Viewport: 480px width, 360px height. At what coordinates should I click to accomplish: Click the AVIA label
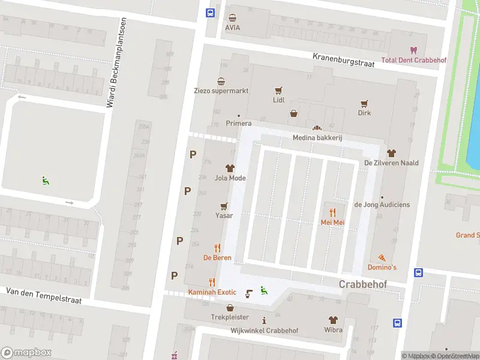(232, 28)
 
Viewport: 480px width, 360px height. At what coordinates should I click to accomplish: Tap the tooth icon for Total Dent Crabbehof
(412, 50)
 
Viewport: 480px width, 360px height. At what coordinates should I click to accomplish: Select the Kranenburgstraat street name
(344, 59)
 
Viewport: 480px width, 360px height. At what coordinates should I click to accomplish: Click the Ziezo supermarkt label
(221, 91)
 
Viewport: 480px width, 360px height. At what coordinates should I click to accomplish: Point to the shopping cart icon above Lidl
(278, 91)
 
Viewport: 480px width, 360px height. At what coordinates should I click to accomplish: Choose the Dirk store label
(364, 113)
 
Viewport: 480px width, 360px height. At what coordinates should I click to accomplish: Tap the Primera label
(238, 124)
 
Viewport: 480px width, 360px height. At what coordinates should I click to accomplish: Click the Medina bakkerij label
(317, 138)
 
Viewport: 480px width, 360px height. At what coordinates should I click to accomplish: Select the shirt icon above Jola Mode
(230, 168)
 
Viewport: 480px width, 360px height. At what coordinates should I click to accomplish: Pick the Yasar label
(224, 215)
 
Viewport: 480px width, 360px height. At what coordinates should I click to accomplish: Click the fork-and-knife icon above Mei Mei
(332, 212)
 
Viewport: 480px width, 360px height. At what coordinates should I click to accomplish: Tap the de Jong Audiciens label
(382, 205)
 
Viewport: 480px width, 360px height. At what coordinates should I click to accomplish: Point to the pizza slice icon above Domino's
(382, 257)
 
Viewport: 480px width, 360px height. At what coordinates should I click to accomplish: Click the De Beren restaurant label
(217, 258)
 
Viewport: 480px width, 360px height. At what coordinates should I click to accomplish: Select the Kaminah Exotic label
(212, 292)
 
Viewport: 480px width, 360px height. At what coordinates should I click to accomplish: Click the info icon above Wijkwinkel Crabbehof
(264, 320)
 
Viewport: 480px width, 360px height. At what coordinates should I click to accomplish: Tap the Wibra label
(333, 330)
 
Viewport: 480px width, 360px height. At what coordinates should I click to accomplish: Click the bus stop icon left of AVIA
(211, 13)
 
